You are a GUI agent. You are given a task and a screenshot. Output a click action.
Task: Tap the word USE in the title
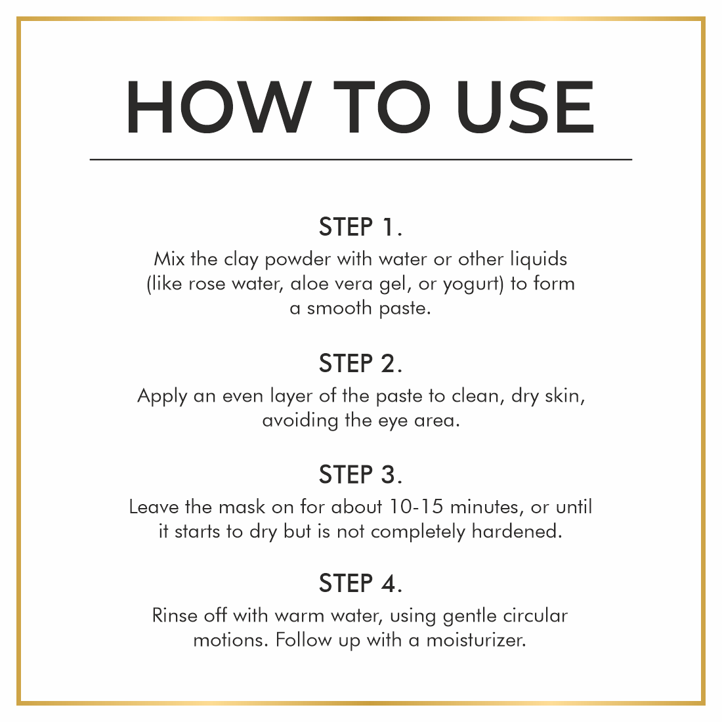pos(525,107)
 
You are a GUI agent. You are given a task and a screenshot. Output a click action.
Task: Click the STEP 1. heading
pos(360,226)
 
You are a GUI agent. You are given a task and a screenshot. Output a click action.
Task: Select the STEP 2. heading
pos(360,364)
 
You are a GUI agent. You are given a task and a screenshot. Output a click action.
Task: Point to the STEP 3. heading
pos(360,475)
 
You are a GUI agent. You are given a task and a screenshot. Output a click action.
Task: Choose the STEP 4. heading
pos(360,583)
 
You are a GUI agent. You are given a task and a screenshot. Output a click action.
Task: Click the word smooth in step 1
pos(339,308)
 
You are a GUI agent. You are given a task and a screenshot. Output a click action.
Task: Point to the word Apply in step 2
pos(162,397)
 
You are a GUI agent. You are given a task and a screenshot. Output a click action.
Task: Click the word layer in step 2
pos(291,397)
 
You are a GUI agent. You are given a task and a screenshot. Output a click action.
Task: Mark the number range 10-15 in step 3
pos(416,507)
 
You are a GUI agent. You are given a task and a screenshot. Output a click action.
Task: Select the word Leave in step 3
pos(154,507)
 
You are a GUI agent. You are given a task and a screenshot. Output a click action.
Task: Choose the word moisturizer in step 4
pos(476,640)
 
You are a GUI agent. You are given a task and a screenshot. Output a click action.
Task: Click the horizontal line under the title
pos(361,159)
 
